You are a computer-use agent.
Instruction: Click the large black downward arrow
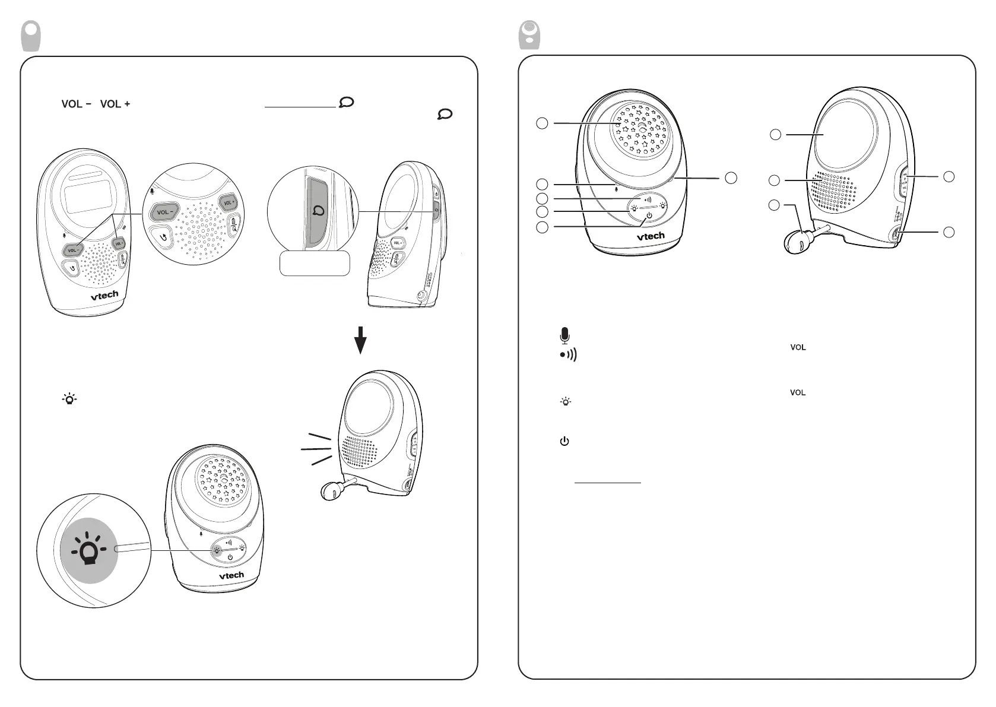point(360,340)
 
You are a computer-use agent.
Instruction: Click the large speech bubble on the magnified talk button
point(319,211)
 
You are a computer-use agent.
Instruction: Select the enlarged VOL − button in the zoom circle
point(164,212)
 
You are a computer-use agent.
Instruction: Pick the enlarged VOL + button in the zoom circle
point(229,202)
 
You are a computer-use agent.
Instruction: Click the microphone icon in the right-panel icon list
point(564,335)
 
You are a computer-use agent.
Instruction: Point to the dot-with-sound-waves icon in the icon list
point(568,355)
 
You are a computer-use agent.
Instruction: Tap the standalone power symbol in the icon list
point(564,441)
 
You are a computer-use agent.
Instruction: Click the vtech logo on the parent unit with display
point(104,295)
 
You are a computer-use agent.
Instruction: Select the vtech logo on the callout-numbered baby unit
point(651,236)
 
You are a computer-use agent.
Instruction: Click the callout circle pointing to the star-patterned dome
point(541,123)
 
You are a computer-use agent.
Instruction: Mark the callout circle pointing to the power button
point(541,227)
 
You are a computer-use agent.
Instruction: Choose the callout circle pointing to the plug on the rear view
point(774,205)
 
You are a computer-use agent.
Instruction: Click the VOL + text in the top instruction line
point(115,104)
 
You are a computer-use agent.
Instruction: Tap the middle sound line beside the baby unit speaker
point(316,449)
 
